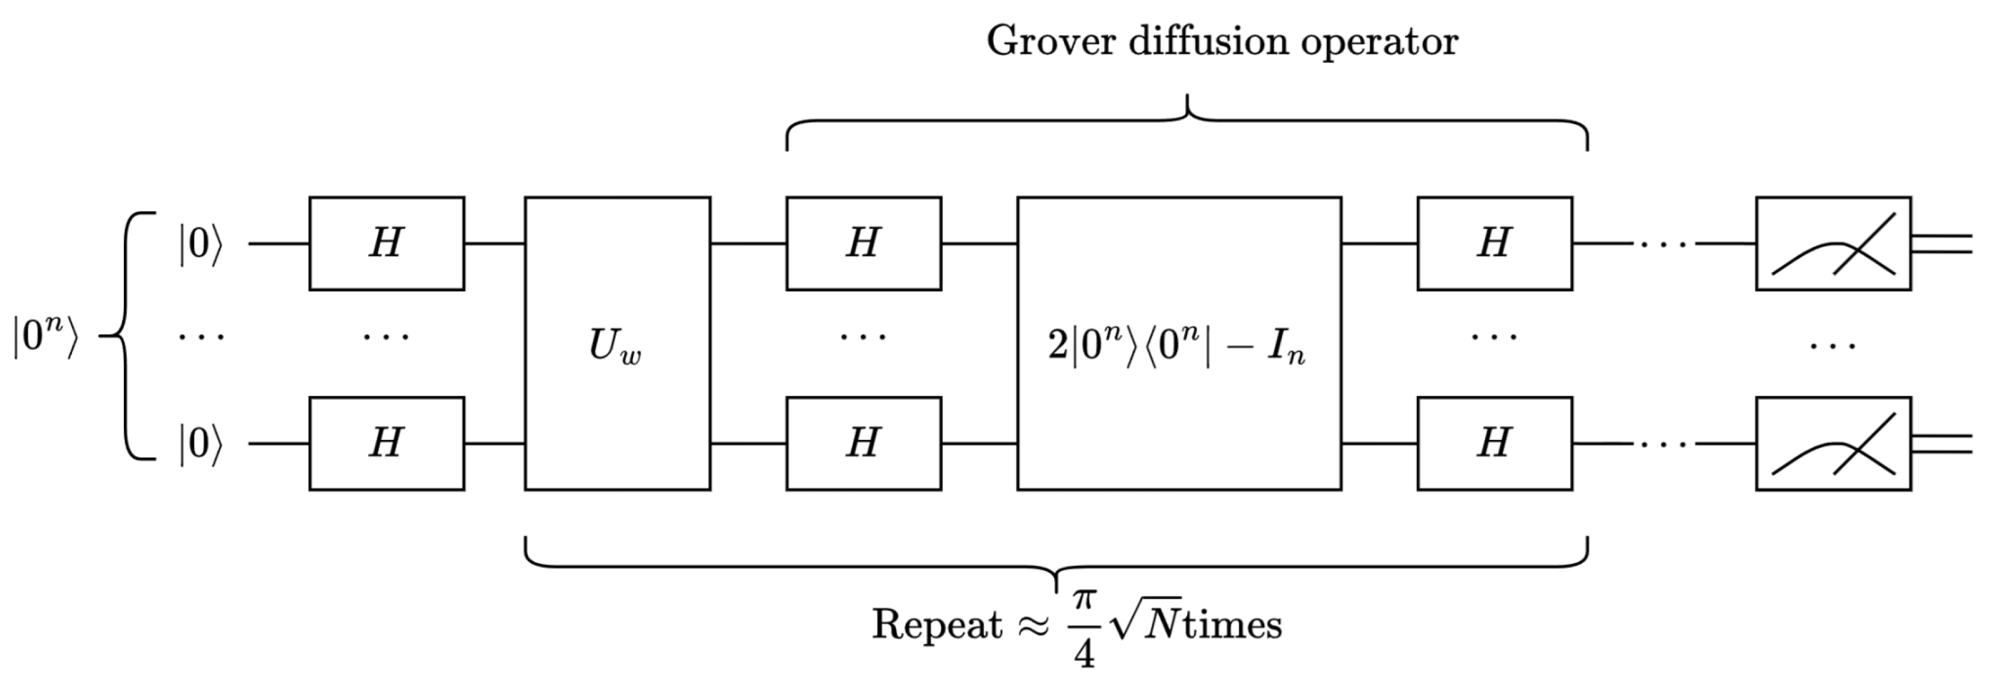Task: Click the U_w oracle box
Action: click(x=616, y=344)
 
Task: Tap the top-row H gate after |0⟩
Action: click(x=386, y=243)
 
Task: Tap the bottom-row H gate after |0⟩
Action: click(x=386, y=443)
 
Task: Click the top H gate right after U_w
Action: click(x=863, y=243)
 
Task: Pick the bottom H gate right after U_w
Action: click(x=863, y=443)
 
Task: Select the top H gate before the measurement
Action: click(x=1494, y=243)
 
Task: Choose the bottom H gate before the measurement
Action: click(x=1494, y=443)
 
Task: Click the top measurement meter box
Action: click(x=1832, y=243)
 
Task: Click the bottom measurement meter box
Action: click(x=1832, y=443)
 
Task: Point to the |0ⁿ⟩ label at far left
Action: click(x=45, y=337)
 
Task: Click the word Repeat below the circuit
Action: click(x=937, y=624)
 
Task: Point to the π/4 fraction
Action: click(x=1085, y=627)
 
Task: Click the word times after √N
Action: click(x=1232, y=624)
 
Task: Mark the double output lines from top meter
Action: click(x=1941, y=243)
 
